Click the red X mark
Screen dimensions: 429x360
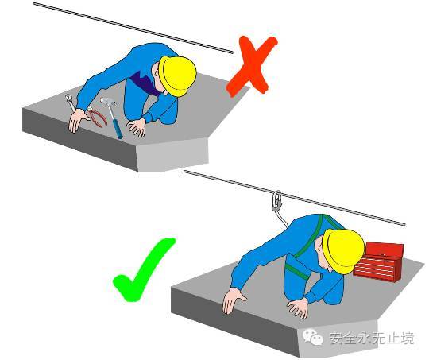tap(252, 67)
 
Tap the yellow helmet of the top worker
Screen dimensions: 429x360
tap(177, 76)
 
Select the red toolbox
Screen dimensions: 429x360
tap(379, 263)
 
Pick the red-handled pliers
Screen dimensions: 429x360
tap(96, 117)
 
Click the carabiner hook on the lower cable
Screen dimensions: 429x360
tap(277, 201)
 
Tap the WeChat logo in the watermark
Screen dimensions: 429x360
tap(313, 338)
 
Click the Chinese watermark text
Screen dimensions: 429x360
tap(372, 338)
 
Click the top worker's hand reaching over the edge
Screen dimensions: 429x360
tap(78, 121)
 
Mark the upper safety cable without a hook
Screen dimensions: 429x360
tap(133, 27)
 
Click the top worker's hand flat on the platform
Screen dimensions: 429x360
tap(137, 126)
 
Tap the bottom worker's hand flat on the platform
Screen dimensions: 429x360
tap(298, 308)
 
